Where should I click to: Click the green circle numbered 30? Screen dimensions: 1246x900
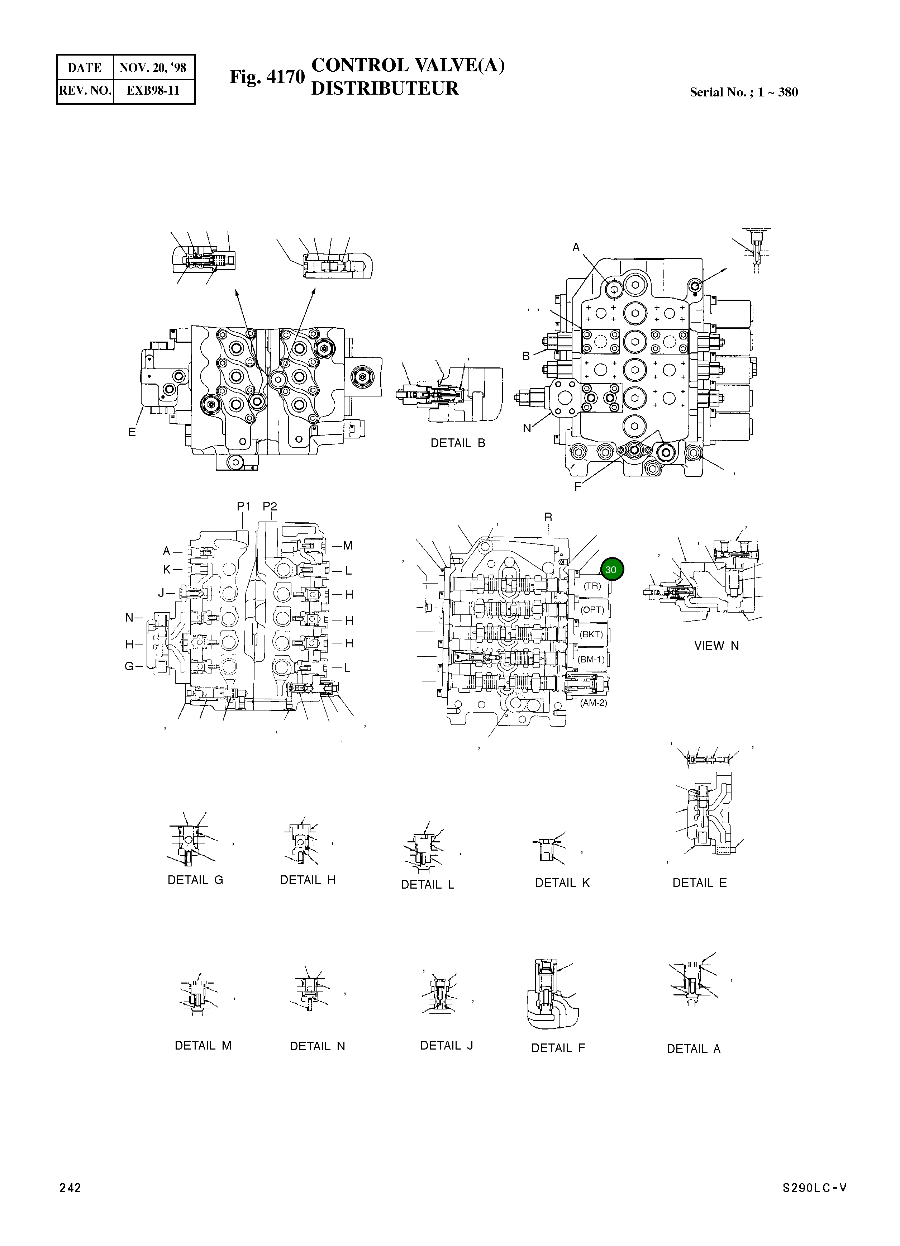tap(611, 570)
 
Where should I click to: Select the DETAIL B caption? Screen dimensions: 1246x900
tap(458, 443)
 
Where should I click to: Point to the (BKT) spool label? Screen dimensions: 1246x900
tap(591, 634)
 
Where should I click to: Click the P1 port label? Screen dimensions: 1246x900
tap(243, 507)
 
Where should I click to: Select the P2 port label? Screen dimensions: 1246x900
tap(270, 507)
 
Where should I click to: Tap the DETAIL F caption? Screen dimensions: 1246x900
tap(558, 1048)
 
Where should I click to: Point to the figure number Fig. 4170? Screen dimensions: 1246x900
tap(266, 77)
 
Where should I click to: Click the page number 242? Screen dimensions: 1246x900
tap(70, 1188)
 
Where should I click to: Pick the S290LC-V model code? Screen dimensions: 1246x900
tap(814, 1188)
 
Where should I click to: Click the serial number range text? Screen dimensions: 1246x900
tap(743, 92)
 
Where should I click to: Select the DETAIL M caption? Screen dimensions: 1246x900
tap(203, 1046)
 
